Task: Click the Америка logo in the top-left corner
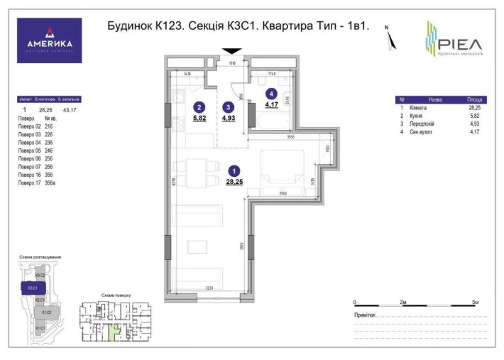pyautogui.click(x=49, y=40)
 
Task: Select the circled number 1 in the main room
pyautogui.click(x=235, y=170)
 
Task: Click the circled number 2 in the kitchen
pyautogui.click(x=199, y=107)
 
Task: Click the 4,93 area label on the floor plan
pyautogui.click(x=228, y=119)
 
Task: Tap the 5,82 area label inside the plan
pyautogui.click(x=199, y=119)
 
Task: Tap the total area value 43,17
pyautogui.click(x=70, y=110)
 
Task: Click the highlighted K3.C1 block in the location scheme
pyautogui.click(x=33, y=288)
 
